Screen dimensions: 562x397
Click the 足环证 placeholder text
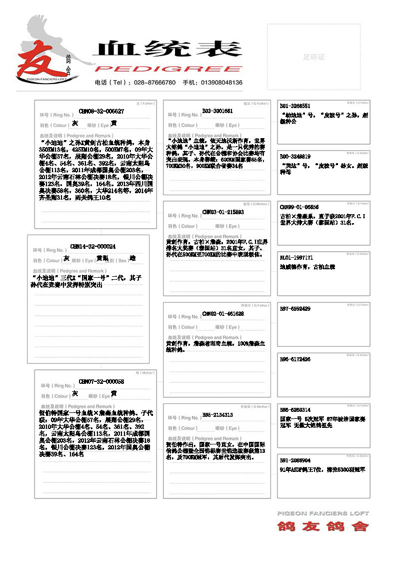[313, 57]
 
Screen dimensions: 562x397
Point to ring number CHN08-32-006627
[101, 111]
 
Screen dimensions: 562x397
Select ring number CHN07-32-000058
[101, 382]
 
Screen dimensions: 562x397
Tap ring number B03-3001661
[217, 111]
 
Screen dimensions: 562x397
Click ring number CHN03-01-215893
[223, 212]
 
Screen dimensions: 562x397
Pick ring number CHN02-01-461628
[223, 313]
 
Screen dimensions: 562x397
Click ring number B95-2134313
[217, 415]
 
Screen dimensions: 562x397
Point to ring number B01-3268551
[295, 106]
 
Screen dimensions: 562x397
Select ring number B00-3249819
[295, 156]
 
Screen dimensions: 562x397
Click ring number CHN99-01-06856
[299, 207]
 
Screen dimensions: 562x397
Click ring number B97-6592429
[295, 309]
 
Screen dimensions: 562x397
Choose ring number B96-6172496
[295, 359]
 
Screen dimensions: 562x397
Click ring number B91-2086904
[295, 460]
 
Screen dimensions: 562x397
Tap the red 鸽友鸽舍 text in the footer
[323, 526]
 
